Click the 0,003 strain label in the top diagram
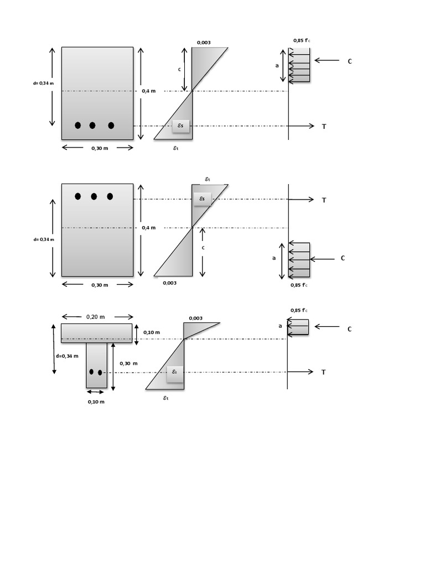[204, 43]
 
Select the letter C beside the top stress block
[350, 61]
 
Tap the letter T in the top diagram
[324, 127]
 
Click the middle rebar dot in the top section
[92, 125]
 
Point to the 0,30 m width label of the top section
[100, 148]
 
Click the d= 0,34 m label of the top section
[44, 84]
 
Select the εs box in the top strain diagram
[180, 127]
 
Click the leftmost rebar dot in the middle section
[78, 196]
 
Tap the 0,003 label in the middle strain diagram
[170, 283]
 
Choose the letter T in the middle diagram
[324, 200]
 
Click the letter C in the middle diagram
[343, 258]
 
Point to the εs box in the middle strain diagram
[202, 199]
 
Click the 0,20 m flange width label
[96, 317]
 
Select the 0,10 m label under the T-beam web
[96, 402]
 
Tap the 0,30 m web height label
[128, 363]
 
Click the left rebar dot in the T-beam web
[92, 372]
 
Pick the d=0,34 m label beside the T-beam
[68, 356]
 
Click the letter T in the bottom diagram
[324, 373]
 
